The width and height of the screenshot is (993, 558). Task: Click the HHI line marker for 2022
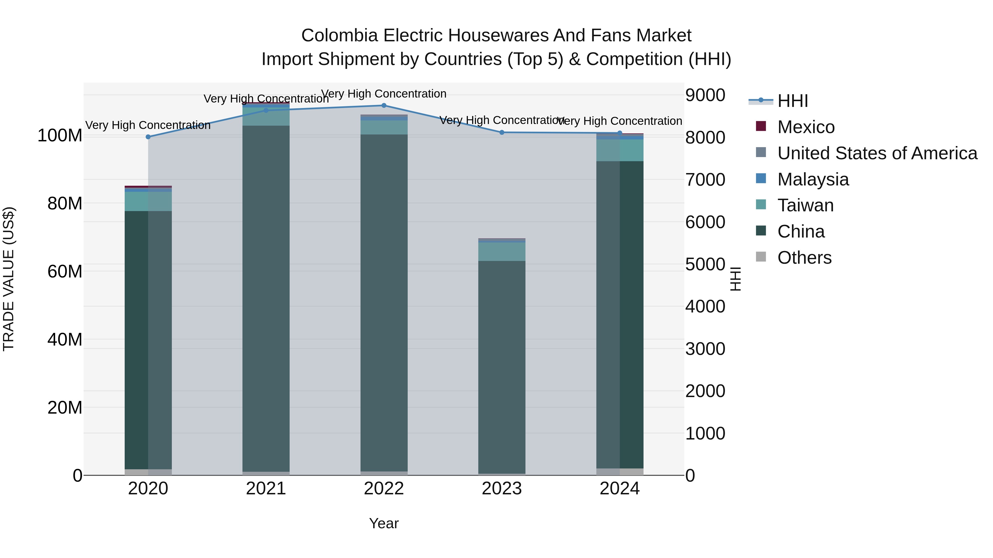(384, 106)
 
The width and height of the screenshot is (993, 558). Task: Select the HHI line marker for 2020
(148, 137)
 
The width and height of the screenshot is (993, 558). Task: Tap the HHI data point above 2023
(501, 133)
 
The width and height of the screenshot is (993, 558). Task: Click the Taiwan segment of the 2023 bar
(501, 252)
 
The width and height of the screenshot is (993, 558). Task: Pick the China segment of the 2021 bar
(266, 298)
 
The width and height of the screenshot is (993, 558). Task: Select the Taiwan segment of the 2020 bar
(148, 201)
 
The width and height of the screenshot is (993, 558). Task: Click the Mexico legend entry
(806, 127)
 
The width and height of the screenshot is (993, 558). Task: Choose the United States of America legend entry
(877, 153)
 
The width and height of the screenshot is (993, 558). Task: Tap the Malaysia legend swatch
(761, 179)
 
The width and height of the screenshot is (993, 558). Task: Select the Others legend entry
(804, 258)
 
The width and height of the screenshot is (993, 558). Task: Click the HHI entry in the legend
(792, 101)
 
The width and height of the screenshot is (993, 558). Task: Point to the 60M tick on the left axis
(65, 271)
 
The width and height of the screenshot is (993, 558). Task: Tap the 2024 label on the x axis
(620, 489)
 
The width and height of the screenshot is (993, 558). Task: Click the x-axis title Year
(384, 523)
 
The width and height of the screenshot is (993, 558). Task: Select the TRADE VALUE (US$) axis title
(9, 279)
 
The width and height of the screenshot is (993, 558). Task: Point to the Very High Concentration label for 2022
(384, 94)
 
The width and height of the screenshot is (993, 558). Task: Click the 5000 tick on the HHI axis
(705, 265)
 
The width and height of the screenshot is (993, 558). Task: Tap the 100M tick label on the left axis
(60, 136)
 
